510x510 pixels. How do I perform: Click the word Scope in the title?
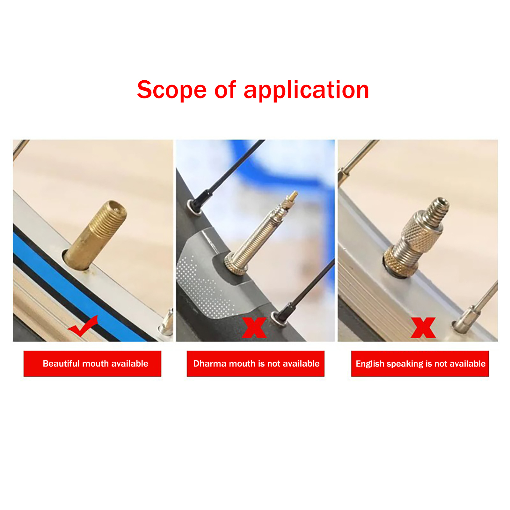click(x=172, y=90)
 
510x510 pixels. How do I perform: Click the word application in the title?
click(x=306, y=90)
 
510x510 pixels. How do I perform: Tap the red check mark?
click(x=83, y=326)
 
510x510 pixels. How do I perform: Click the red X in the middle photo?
click(x=254, y=327)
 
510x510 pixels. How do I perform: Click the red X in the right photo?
click(x=423, y=327)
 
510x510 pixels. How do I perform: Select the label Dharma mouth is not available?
click(x=256, y=364)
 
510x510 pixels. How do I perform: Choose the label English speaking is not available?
click(x=420, y=364)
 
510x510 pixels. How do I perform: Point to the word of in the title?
click(x=225, y=90)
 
